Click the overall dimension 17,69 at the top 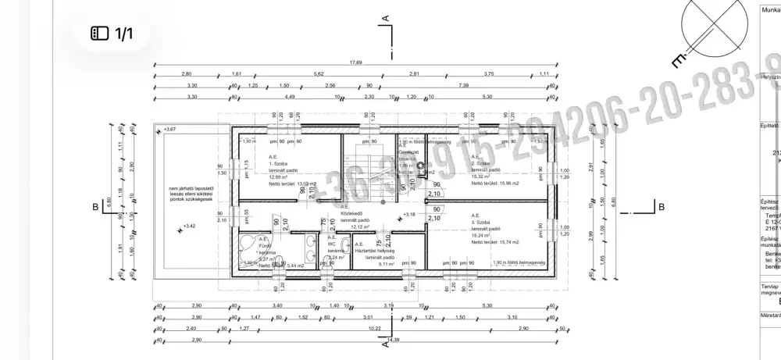click(x=355, y=62)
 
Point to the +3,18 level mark click(x=408, y=213)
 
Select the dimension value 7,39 click(x=464, y=85)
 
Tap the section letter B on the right click(x=661, y=207)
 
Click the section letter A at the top click(x=385, y=16)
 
